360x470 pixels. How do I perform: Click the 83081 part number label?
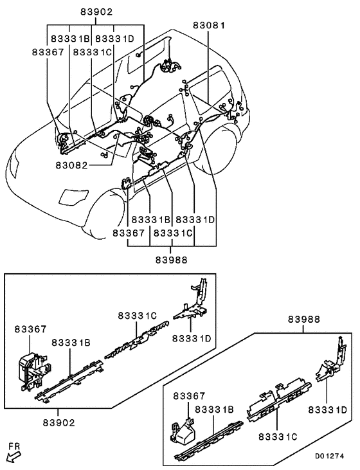(x=210, y=25)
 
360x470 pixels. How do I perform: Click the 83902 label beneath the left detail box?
(x=59, y=423)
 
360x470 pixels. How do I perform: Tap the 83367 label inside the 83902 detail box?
(x=31, y=329)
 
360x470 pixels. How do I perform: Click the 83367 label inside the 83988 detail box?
(x=190, y=397)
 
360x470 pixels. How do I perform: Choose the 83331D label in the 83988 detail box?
(x=328, y=409)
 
